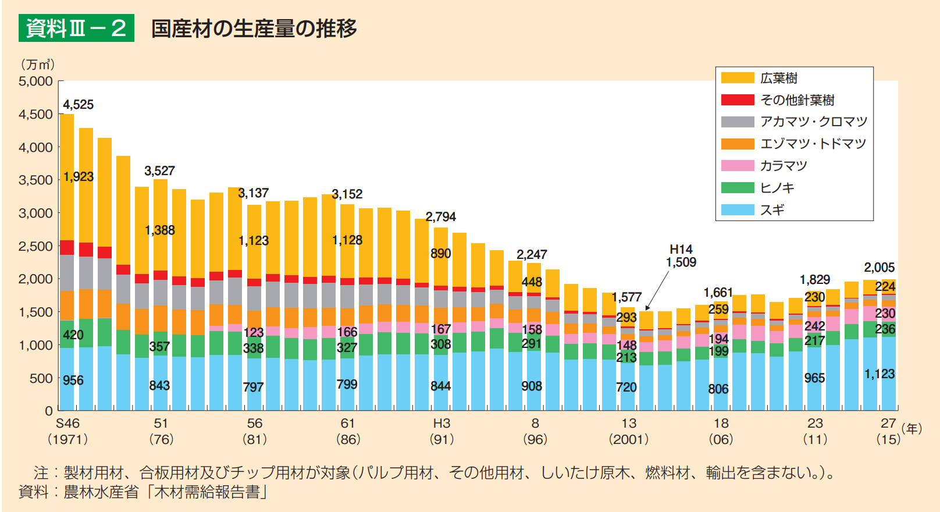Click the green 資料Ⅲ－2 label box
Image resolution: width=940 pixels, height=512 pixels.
[76, 28]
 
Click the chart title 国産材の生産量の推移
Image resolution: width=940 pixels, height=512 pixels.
[254, 28]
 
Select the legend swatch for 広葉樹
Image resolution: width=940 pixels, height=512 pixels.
[738, 78]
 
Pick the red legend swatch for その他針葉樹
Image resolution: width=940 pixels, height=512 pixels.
[738, 100]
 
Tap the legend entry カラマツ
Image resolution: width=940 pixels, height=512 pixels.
[784, 166]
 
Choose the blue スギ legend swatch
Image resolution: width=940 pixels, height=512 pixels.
[738, 210]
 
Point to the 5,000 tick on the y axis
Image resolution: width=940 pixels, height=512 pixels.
[35, 81]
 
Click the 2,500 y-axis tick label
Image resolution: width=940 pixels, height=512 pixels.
[35, 246]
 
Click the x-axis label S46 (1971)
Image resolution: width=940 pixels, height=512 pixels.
[68, 431]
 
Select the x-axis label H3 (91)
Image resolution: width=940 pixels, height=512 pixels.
[441, 431]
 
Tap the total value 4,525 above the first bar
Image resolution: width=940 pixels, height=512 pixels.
[78, 105]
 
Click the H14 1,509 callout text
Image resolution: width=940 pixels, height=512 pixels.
[681, 256]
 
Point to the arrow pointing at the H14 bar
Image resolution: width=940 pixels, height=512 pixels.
[657, 291]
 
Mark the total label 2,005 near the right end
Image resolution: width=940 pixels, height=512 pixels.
[879, 268]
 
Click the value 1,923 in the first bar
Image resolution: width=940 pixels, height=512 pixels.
[78, 177]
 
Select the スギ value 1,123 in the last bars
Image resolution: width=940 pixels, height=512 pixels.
[879, 374]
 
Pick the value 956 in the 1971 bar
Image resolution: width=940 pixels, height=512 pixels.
[73, 381]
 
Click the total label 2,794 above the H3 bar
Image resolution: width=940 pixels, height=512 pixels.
[440, 217]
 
